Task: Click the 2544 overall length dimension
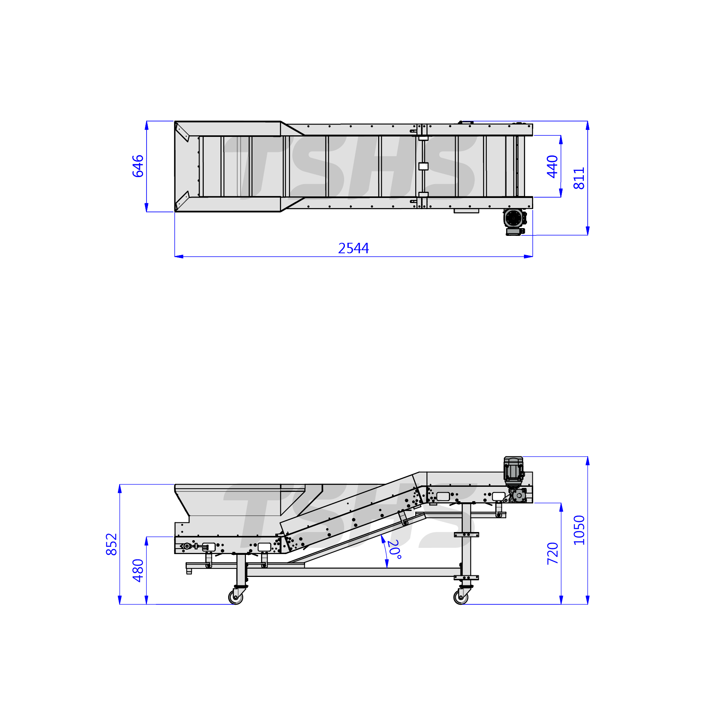click(x=353, y=248)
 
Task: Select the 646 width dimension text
click(x=138, y=166)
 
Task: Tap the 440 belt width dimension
click(x=552, y=167)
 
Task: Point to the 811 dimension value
click(x=579, y=178)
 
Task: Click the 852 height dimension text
click(x=111, y=544)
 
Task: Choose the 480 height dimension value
click(x=138, y=570)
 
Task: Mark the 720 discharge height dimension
click(x=553, y=553)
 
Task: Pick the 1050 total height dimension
click(x=579, y=530)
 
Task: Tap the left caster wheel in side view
click(x=235, y=597)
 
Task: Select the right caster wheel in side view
click(x=461, y=597)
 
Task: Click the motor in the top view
click(x=514, y=222)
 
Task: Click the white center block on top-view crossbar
click(x=423, y=166)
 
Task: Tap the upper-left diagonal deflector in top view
click(x=182, y=132)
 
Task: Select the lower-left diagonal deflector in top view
click(x=182, y=201)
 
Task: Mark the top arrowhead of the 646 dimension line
click(x=147, y=125)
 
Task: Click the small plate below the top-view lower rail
click(x=466, y=211)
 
